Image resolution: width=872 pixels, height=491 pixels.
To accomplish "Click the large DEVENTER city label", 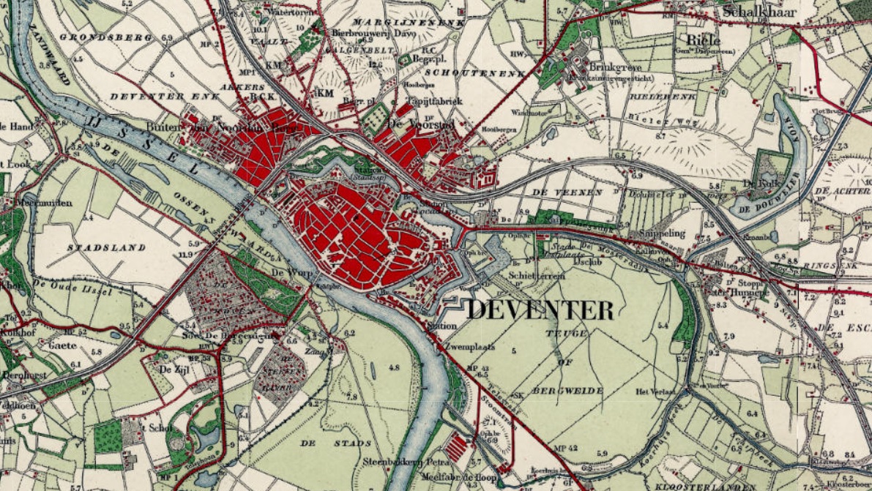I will coord(540,310).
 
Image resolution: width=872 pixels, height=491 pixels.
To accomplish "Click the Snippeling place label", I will coord(661,233).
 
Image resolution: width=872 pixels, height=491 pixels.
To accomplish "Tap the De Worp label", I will coord(287,272).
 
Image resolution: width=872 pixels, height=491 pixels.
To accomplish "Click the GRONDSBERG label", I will coord(94,37).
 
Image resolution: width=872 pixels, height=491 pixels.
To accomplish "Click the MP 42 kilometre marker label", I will coord(567,448).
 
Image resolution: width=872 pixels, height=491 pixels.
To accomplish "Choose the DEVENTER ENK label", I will coord(144,96).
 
